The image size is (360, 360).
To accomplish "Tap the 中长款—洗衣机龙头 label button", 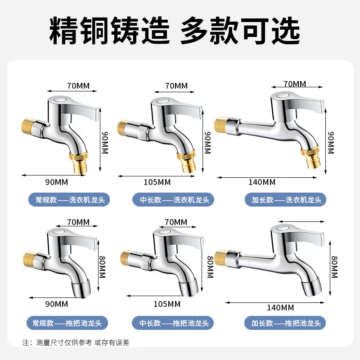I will click(x=173, y=200).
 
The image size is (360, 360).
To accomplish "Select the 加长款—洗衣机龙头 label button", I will click(x=285, y=200).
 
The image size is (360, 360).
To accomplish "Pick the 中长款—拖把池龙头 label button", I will click(x=173, y=323).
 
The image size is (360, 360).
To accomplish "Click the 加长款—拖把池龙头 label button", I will click(x=285, y=323).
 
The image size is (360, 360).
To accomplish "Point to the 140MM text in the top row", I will click(x=262, y=182).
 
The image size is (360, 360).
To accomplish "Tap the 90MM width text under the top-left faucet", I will click(x=57, y=182).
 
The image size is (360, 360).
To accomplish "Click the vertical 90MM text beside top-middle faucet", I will click(x=207, y=142).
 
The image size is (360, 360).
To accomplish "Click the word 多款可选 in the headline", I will click(x=240, y=31).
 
